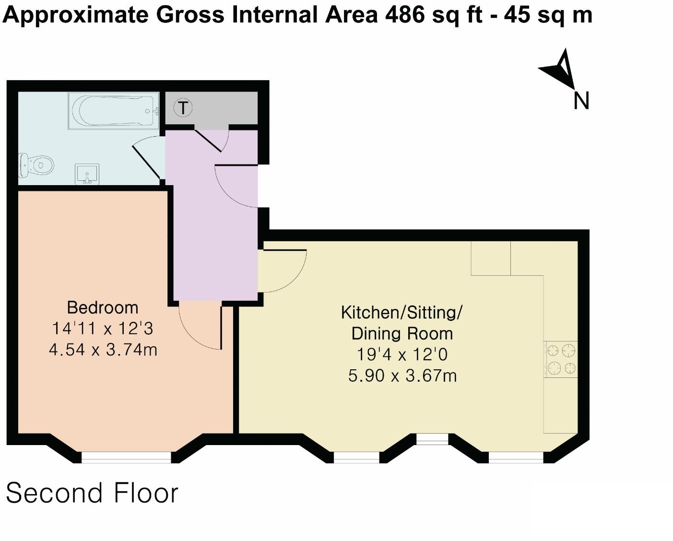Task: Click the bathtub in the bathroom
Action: pyautogui.click(x=114, y=111)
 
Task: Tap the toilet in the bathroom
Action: pyautogui.click(x=36, y=165)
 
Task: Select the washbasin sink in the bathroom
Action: pyautogui.click(x=87, y=174)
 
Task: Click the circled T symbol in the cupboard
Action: pyautogui.click(x=183, y=108)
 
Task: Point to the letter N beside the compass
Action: pyautogui.click(x=581, y=100)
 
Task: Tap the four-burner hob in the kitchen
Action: pyautogui.click(x=560, y=359)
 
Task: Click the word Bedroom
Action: pyautogui.click(x=103, y=307)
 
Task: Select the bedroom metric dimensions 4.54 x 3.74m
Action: pyautogui.click(x=103, y=350)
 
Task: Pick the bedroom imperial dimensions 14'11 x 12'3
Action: pyautogui.click(x=103, y=329)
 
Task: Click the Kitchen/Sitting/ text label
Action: pyautogui.click(x=401, y=313)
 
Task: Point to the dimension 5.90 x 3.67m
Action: pyautogui.click(x=402, y=376)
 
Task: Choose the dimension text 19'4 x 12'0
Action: pyautogui.click(x=402, y=354)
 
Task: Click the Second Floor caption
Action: pyautogui.click(x=92, y=493)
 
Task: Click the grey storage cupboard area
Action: pyautogui.click(x=212, y=108)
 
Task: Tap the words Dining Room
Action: pyautogui.click(x=402, y=334)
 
